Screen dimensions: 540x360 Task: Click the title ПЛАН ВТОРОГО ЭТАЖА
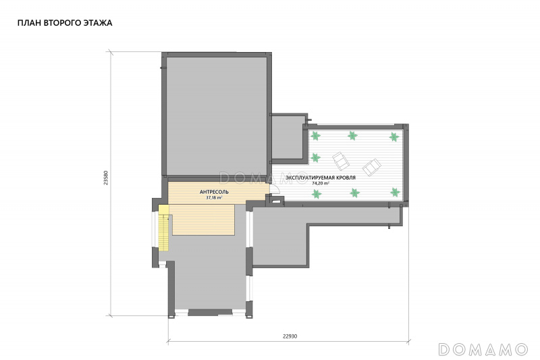pos(65,23)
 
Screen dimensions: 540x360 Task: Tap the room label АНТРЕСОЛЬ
pos(214,192)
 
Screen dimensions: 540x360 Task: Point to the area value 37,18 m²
pos(214,198)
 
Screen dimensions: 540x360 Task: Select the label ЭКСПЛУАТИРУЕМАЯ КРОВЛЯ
pos(321,178)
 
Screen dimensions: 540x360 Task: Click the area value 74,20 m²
pos(321,183)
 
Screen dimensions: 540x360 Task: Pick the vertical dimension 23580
pos(106,178)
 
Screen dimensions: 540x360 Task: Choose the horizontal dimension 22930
pos(290,336)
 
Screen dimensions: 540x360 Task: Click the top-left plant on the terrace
pos(315,136)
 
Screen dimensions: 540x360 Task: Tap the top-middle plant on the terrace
pos(352,135)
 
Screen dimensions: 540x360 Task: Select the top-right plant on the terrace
pos(394,136)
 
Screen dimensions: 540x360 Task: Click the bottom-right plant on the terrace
pos(395,192)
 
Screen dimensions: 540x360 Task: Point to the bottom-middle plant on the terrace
pos(355,192)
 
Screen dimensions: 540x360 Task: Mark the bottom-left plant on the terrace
pos(317,194)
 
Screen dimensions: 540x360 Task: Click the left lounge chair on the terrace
pos(341,161)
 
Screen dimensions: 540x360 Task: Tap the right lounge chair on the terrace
pos(372,168)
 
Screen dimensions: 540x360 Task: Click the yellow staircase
pos(164,228)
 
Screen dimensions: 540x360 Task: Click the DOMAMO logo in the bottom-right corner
pos(483,349)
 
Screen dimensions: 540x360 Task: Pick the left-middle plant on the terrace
pos(315,158)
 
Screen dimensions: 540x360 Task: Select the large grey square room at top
pos(217,115)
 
